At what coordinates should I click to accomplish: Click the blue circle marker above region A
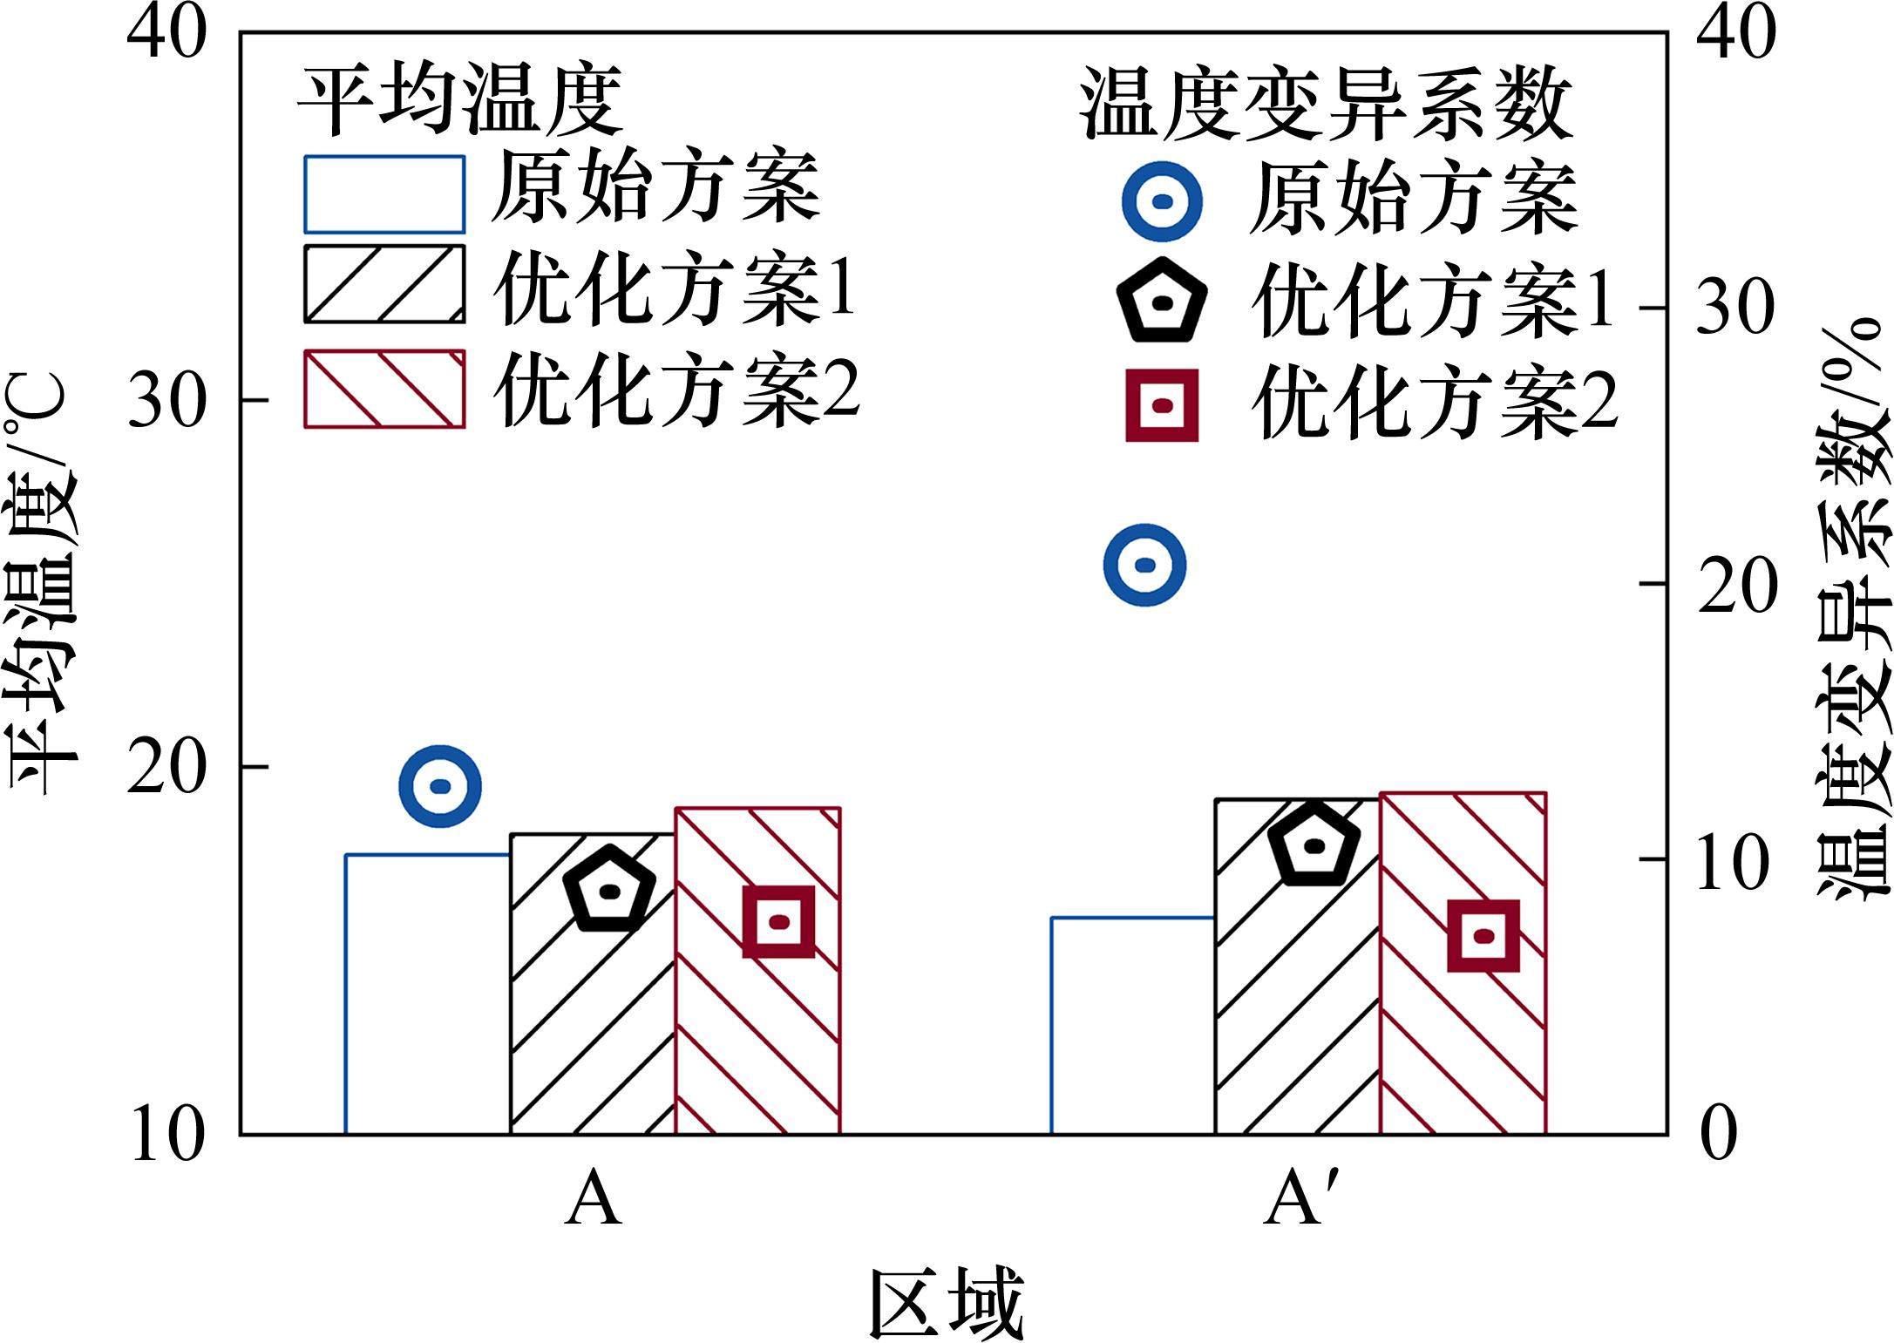440,786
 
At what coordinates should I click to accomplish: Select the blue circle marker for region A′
1144,565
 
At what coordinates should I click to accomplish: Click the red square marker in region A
778,921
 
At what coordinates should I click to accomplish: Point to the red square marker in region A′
1483,936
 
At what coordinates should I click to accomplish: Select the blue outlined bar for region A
428,994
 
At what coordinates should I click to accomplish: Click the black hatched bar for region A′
1298,967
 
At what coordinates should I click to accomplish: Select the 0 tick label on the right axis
1719,1136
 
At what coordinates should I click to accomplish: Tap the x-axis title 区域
946,1302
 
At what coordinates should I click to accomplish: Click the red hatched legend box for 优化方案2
384,390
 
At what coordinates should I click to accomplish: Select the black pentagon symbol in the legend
1163,302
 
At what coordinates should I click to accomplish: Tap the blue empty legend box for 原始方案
384,195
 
